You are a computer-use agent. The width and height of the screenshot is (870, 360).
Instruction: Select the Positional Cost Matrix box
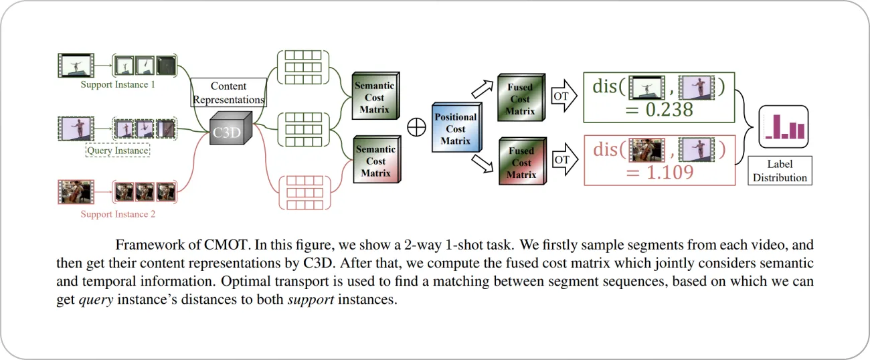tap(455, 128)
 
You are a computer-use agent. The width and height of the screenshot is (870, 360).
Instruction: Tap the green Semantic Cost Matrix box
tap(375, 98)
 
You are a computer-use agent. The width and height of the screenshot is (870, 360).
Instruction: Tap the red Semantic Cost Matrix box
tap(375, 161)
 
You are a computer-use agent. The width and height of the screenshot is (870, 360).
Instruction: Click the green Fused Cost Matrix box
tap(520, 99)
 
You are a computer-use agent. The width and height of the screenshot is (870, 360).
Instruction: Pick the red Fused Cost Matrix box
tap(520, 163)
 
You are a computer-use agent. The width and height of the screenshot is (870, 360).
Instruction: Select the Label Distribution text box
tap(780, 171)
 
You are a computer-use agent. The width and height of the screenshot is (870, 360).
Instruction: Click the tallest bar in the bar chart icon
tap(777, 126)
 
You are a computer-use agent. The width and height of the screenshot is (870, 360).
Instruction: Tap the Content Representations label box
tap(228, 93)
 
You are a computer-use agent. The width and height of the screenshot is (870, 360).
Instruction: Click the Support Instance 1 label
tap(118, 84)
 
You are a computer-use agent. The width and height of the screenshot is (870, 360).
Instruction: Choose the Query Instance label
tap(118, 151)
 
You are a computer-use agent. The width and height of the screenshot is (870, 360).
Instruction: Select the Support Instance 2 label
tap(118, 214)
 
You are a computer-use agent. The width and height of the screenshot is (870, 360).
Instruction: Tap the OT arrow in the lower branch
tap(562, 161)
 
